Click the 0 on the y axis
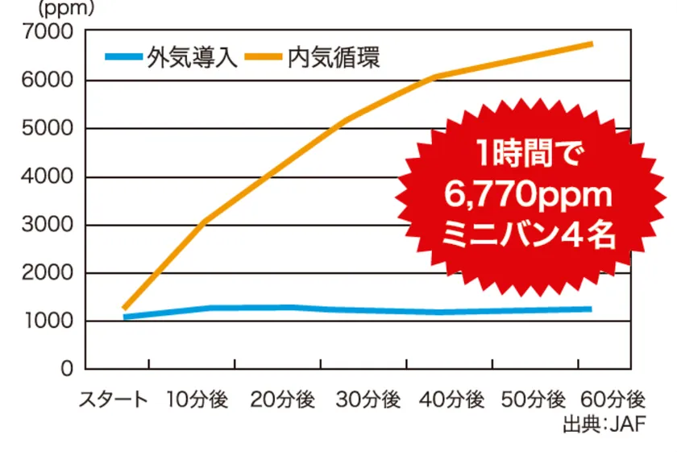coord(66,369)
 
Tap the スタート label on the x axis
coord(113,400)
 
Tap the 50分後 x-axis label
coord(534,400)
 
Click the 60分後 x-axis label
coord(614,400)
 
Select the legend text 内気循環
coord(333,58)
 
